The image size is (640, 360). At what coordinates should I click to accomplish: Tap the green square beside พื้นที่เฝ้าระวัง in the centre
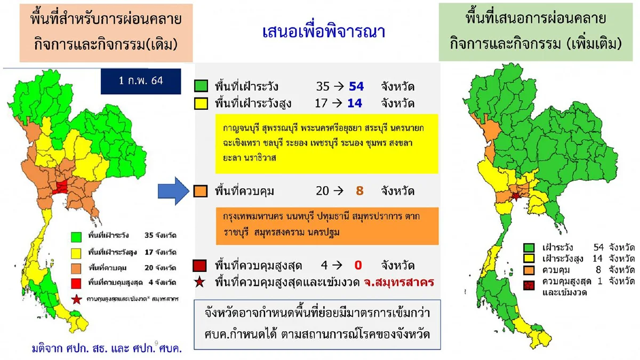click(201, 86)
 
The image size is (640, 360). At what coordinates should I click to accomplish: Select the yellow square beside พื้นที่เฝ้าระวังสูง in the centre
click(201, 103)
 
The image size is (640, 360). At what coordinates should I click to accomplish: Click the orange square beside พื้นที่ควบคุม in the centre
click(201, 191)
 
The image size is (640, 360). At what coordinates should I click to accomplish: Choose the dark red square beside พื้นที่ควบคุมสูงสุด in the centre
click(201, 265)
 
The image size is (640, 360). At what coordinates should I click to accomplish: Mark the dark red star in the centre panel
click(200, 282)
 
